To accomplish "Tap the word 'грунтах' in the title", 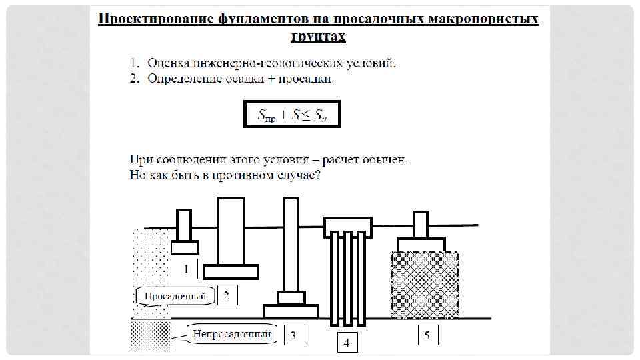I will click(319, 35).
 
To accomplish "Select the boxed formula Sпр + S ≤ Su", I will click(291, 114).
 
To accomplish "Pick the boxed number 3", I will click(294, 335).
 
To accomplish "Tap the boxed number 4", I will click(346, 342).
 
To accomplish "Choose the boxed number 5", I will click(427, 335).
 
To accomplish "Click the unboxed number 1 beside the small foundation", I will click(187, 268).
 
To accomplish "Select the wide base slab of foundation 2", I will click(231, 271).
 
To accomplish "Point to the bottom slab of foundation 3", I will click(291, 311).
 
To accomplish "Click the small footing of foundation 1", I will click(185, 247).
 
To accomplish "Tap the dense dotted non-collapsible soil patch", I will click(151, 337).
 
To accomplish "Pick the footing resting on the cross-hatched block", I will click(421, 243).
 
